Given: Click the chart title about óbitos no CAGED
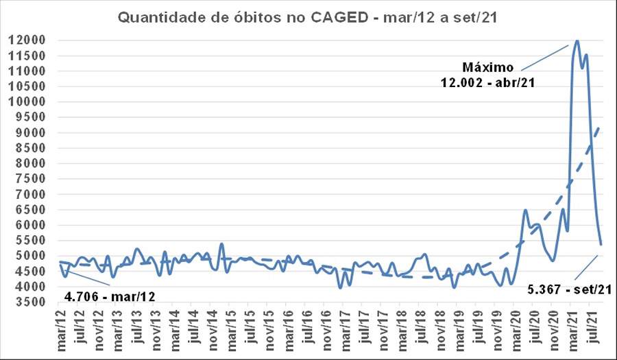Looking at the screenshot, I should (306, 17).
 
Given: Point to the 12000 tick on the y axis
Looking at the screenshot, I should (27, 40).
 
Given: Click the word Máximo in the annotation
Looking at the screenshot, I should (487, 67).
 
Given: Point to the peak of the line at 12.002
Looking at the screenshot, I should (577, 40).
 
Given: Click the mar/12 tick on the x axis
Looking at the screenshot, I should (63, 329).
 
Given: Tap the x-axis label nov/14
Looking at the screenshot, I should (213, 329).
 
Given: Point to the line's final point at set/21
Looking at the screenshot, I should (601, 245).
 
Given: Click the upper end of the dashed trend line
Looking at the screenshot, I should (601, 125).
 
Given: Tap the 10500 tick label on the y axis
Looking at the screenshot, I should (27, 86).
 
